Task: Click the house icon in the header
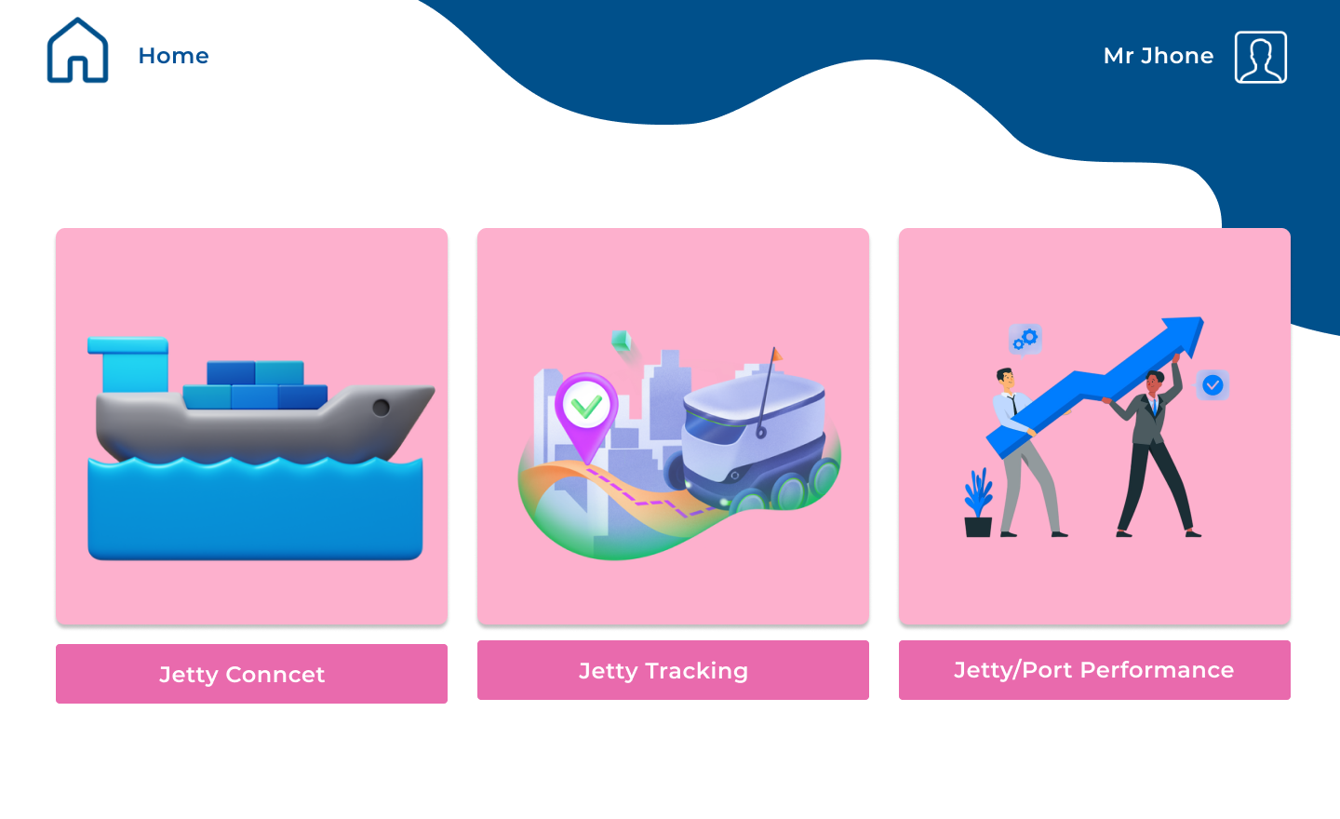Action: [78, 51]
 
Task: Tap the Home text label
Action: [173, 56]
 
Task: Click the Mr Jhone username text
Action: [1158, 56]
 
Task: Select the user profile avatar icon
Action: [1260, 58]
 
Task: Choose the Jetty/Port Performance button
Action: [1094, 670]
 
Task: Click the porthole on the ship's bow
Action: [381, 408]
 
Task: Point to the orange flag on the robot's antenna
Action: [776, 355]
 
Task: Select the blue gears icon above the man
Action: [1025, 339]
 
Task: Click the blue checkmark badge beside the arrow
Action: [1213, 384]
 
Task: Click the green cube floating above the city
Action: [621, 341]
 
